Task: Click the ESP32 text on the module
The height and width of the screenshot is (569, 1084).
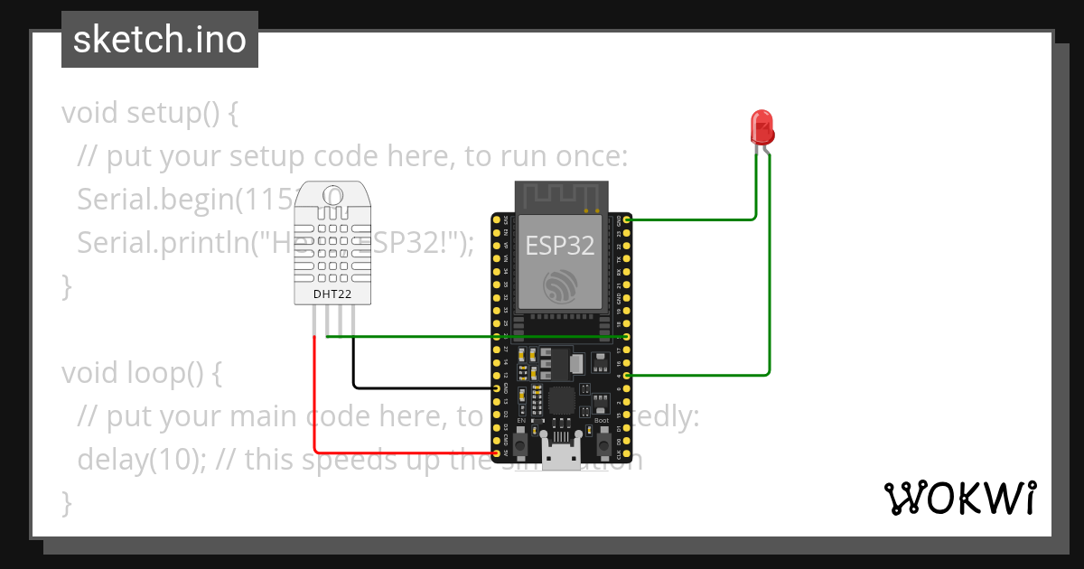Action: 560,246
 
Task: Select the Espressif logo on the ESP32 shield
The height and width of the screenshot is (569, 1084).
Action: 560,287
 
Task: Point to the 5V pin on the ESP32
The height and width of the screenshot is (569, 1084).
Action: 498,452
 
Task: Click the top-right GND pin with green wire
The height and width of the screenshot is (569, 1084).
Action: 626,219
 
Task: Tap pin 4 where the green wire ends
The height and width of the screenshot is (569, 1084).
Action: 626,375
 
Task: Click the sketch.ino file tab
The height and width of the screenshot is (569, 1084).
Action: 160,40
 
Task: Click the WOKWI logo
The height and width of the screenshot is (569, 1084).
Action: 959,498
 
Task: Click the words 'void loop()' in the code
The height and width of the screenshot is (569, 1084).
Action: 131,373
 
